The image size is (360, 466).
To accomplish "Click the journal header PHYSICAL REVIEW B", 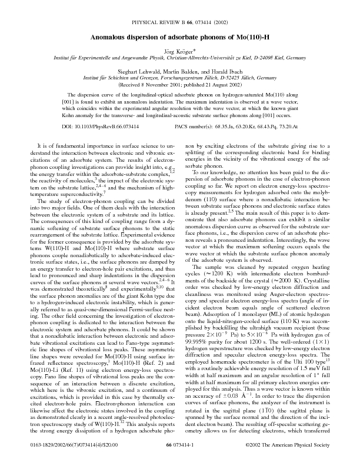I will click(x=156, y=23).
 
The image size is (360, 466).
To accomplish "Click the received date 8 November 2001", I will click(x=146, y=85).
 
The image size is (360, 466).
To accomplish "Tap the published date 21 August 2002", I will click(x=209, y=85).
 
